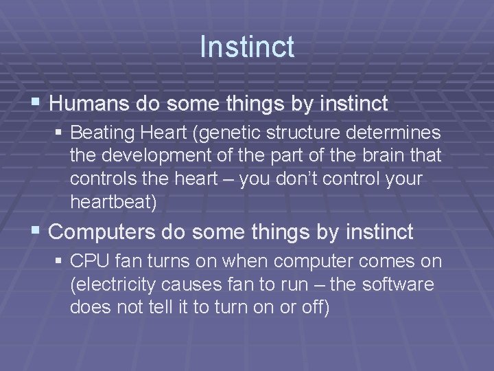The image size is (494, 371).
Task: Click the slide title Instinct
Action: coord(247,47)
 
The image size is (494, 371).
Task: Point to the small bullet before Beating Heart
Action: coord(60,131)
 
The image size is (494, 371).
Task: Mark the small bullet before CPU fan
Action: coord(60,262)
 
